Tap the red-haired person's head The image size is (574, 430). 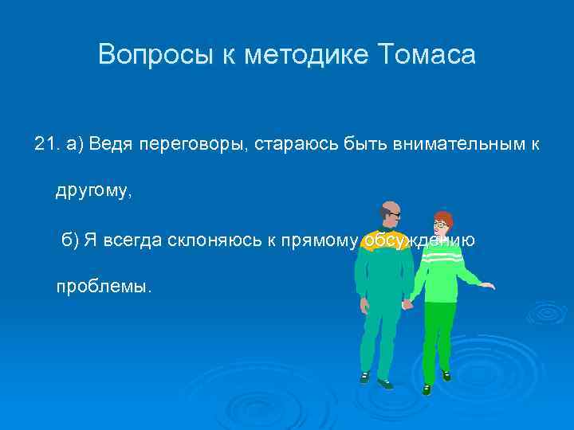[x=441, y=223]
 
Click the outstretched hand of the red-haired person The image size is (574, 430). [x=488, y=284]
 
